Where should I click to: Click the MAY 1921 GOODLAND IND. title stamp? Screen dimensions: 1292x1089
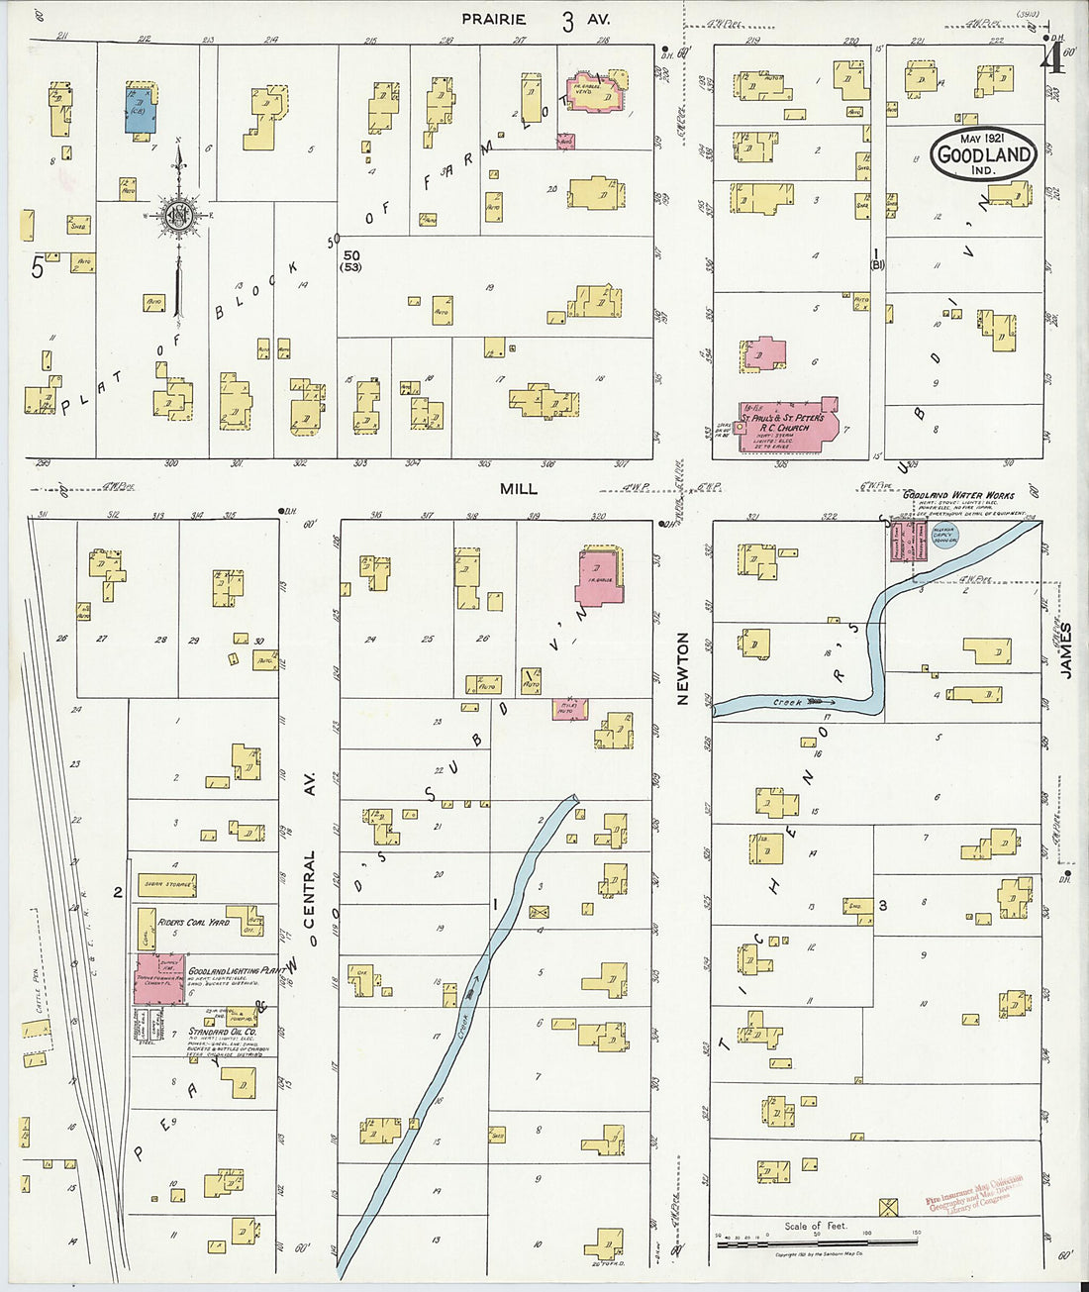click(x=983, y=153)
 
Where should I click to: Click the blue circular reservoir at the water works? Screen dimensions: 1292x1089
click(x=945, y=536)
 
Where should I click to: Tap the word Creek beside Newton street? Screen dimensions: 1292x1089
click(x=788, y=703)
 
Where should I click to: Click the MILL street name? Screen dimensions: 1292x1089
click(x=518, y=488)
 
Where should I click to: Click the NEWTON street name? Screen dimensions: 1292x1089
click(x=682, y=668)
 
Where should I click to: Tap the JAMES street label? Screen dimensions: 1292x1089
click(x=1066, y=650)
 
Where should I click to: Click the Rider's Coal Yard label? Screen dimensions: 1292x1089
click(x=194, y=922)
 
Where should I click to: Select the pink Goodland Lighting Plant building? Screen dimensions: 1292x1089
click(x=158, y=979)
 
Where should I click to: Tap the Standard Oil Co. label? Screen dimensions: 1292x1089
click(x=222, y=1032)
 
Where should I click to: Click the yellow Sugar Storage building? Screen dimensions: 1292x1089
click(x=166, y=884)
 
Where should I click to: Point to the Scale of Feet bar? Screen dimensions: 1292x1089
click(x=817, y=1238)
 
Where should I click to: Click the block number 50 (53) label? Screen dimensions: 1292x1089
click(x=350, y=259)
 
